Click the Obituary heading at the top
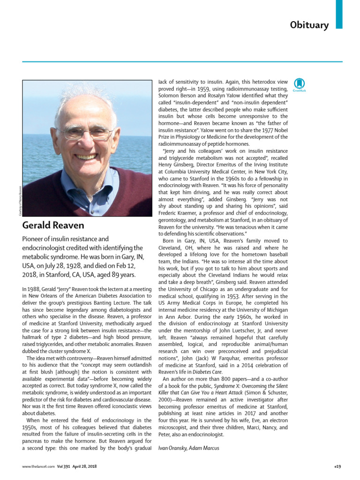tap(309, 25)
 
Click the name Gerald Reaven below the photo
tap(53, 225)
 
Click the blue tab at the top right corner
tap(339, 14)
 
